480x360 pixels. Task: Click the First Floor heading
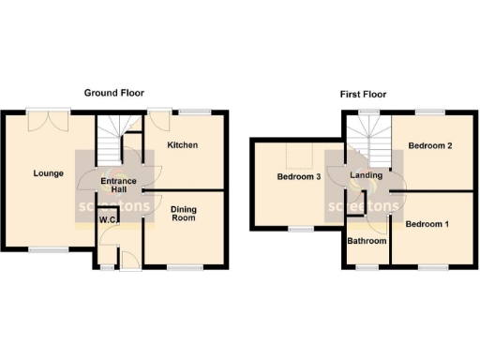(363, 95)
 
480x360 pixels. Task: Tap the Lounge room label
(48, 172)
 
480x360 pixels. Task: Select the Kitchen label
(182, 145)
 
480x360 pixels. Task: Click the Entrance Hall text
(119, 186)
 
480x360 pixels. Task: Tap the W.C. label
(108, 221)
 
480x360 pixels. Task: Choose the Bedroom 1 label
(427, 224)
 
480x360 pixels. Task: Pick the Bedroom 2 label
(430, 146)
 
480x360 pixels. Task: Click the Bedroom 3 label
(299, 176)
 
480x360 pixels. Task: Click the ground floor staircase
(111, 134)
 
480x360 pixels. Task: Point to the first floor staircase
(368, 141)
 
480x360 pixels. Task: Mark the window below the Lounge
(47, 249)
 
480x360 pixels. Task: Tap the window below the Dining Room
(185, 268)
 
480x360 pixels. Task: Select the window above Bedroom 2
(430, 112)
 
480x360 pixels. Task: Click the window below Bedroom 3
(301, 229)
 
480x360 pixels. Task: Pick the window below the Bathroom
(367, 268)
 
